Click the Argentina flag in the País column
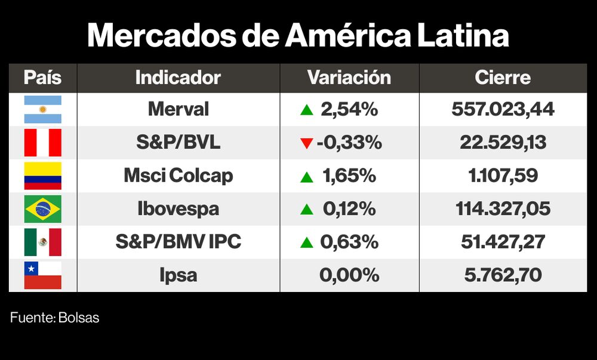pos(42,109)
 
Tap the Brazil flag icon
pos(42,209)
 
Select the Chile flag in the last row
pos(42,275)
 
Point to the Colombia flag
pos(42,176)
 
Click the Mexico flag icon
pos(42,242)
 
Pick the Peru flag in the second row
pos(42,143)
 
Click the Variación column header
pos(349,78)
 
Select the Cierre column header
pos(503,78)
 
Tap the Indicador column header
pos(178,78)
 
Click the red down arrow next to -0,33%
pos(307,143)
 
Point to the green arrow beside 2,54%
pos(307,110)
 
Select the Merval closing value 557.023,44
pos(503,109)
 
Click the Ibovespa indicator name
pos(178,209)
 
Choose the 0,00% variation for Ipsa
pos(349,275)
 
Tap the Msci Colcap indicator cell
pos(178,176)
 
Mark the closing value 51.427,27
pos(503,242)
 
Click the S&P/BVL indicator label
pos(178,143)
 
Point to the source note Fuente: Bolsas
pos(55,318)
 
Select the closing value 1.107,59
pos(503,176)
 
